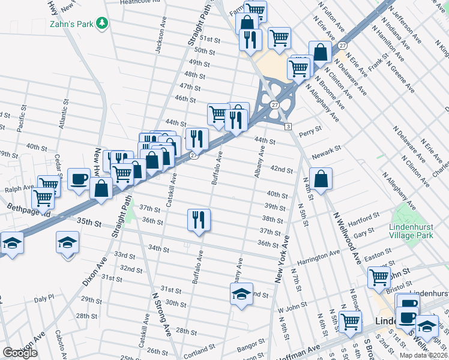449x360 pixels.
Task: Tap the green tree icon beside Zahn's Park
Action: [x=103, y=23]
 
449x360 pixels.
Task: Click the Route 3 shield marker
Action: [x=288, y=127]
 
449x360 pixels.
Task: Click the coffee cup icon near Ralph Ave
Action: [x=79, y=179]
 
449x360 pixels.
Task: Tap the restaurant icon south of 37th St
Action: [x=199, y=219]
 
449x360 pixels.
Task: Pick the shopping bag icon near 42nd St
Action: [x=321, y=179]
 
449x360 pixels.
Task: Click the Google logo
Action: [x=20, y=353]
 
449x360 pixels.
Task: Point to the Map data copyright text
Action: [x=424, y=355]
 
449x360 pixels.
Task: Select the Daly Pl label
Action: [x=44, y=298]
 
